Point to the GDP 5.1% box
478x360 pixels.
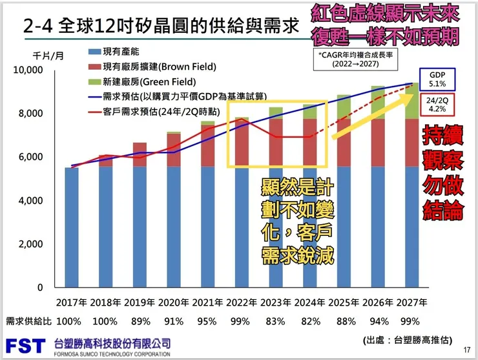[433, 79]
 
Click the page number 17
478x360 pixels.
[467, 350]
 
